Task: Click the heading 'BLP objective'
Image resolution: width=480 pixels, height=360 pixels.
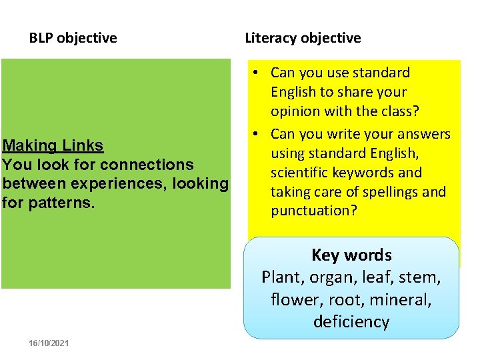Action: [x=73, y=38]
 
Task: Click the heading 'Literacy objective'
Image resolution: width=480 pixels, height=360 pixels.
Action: [x=303, y=38]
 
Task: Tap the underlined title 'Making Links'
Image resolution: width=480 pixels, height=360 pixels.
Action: [x=53, y=145]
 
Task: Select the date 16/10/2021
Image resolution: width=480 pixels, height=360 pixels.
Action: [x=49, y=343]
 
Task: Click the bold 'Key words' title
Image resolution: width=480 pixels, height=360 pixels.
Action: [x=351, y=255]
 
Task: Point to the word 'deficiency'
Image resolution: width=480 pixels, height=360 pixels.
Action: [x=351, y=321]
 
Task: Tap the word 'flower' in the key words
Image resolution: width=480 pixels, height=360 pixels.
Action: [x=294, y=299]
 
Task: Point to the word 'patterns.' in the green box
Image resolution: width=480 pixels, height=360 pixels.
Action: [x=58, y=202]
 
